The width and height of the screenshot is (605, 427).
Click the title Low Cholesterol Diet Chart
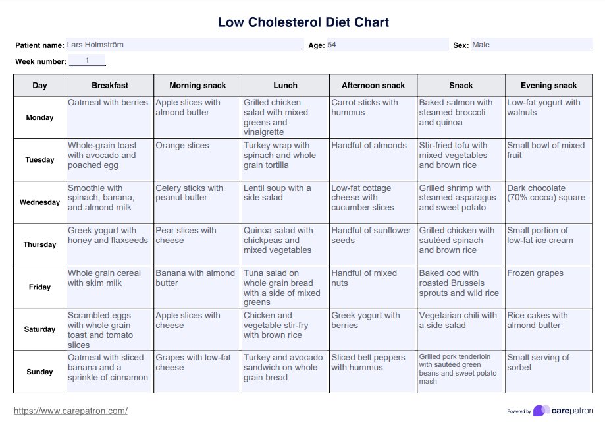[303, 22]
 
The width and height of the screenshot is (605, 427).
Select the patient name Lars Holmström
[95, 45]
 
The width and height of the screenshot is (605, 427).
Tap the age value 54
[332, 45]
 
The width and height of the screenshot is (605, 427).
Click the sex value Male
[481, 45]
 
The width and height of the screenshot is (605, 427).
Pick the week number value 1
[87, 61]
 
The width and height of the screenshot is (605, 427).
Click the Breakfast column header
[110, 86]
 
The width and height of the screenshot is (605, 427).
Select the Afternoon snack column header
[373, 86]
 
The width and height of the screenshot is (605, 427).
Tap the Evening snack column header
[548, 86]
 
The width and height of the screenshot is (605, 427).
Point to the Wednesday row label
[39, 202]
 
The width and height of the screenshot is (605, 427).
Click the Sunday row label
[39, 372]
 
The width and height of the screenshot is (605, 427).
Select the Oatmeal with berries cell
[108, 103]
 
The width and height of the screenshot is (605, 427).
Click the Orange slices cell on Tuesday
[182, 146]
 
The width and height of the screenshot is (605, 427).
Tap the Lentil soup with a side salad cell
[277, 193]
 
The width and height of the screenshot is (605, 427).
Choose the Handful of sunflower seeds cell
[371, 235]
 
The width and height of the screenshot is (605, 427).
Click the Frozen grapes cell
[535, 273]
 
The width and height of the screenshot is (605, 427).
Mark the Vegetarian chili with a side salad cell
[458, 320]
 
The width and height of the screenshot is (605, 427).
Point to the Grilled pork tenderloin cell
[458, 369]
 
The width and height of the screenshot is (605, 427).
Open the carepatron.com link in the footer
[70, 411]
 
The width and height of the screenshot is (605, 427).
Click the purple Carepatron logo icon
[541, 411]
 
